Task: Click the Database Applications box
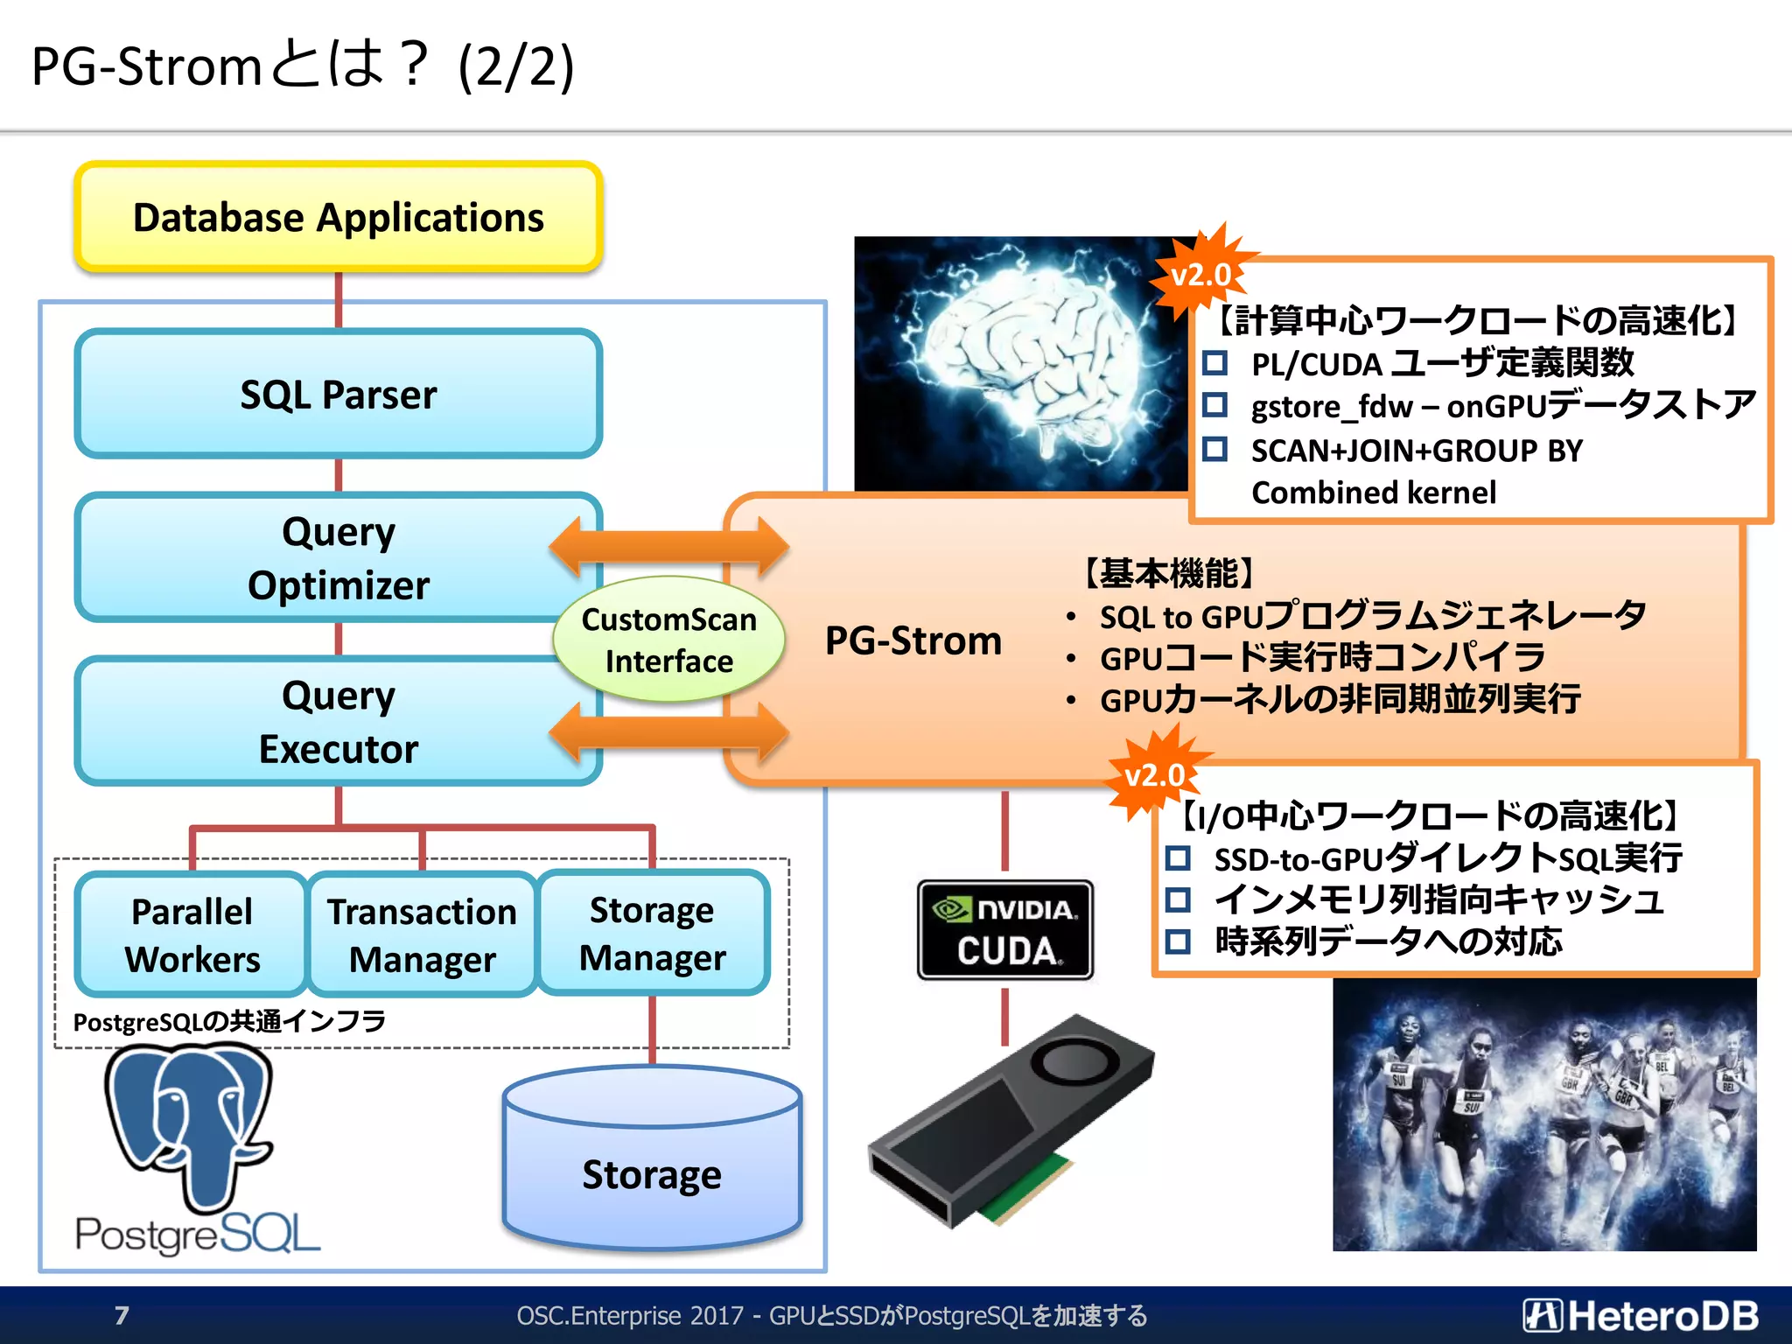(x=339, y=217)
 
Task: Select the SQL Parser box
(x=339, y=395)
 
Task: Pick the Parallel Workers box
(x=192, y=934)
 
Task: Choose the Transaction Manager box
(x=423, y=934)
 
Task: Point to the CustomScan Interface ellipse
(x=668, y=640)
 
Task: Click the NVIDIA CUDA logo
(x=1005, y=929)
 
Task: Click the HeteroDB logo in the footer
(x=1640, y=1315)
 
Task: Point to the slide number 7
(x=122, y=1315)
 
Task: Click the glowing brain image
(x=1019, y=363)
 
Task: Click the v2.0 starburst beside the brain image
(x=1201, y=275)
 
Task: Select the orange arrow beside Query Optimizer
(x=669, y=547)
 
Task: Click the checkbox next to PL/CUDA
(x=1214, y=362)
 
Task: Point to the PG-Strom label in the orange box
(x=913, y=640)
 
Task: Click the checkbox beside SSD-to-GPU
(x=1178, y=857)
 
